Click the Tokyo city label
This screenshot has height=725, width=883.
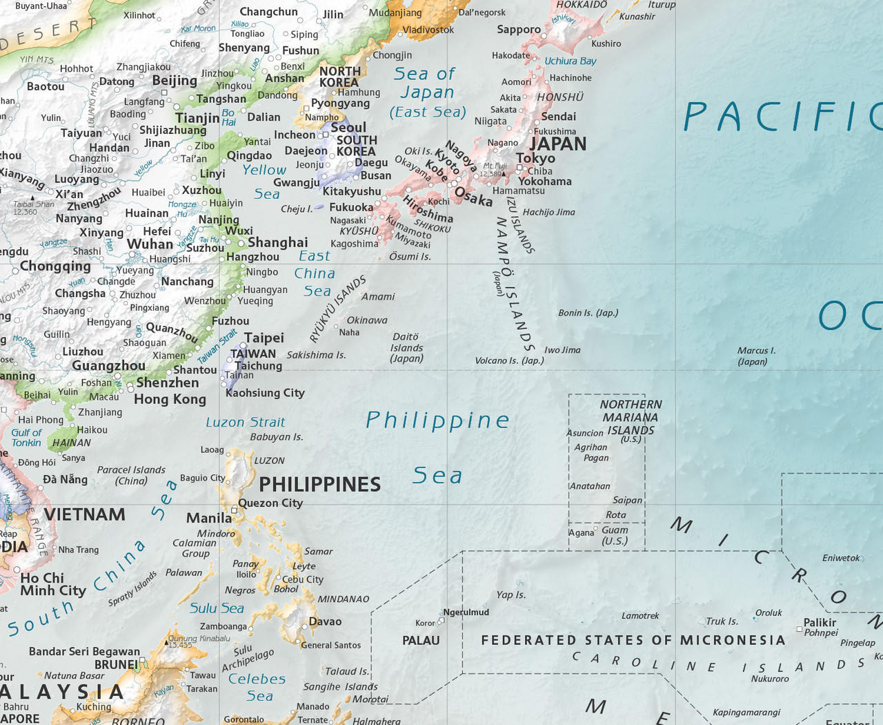click(535, 158)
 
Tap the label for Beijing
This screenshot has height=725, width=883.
click(175, 81)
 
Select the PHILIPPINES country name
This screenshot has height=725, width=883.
click(319, 484)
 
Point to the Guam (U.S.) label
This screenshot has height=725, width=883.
click(615, 536)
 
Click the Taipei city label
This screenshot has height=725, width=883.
click(264, 338)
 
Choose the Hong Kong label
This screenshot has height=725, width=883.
click(170, 399)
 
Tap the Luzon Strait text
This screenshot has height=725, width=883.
click(245, 422)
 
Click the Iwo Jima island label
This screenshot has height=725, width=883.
click(562, 350)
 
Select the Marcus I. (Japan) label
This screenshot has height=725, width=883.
click(756, 356)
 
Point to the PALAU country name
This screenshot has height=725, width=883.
click(421, 641)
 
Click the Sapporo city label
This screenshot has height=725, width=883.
click(519, 30)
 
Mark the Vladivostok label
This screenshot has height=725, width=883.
click(428, 30)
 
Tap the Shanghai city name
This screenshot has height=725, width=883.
click(277, 242)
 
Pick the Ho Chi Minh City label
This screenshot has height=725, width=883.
click(52, 584)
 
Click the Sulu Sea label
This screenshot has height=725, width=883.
click(217, 608)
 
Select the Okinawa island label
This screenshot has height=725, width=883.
click(367, 320)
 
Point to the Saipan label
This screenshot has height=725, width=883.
click(627, 500)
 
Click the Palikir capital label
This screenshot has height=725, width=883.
click(820, 622)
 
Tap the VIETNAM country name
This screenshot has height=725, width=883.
click(84, 514)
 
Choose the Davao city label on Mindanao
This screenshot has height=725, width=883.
click(325, 621)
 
